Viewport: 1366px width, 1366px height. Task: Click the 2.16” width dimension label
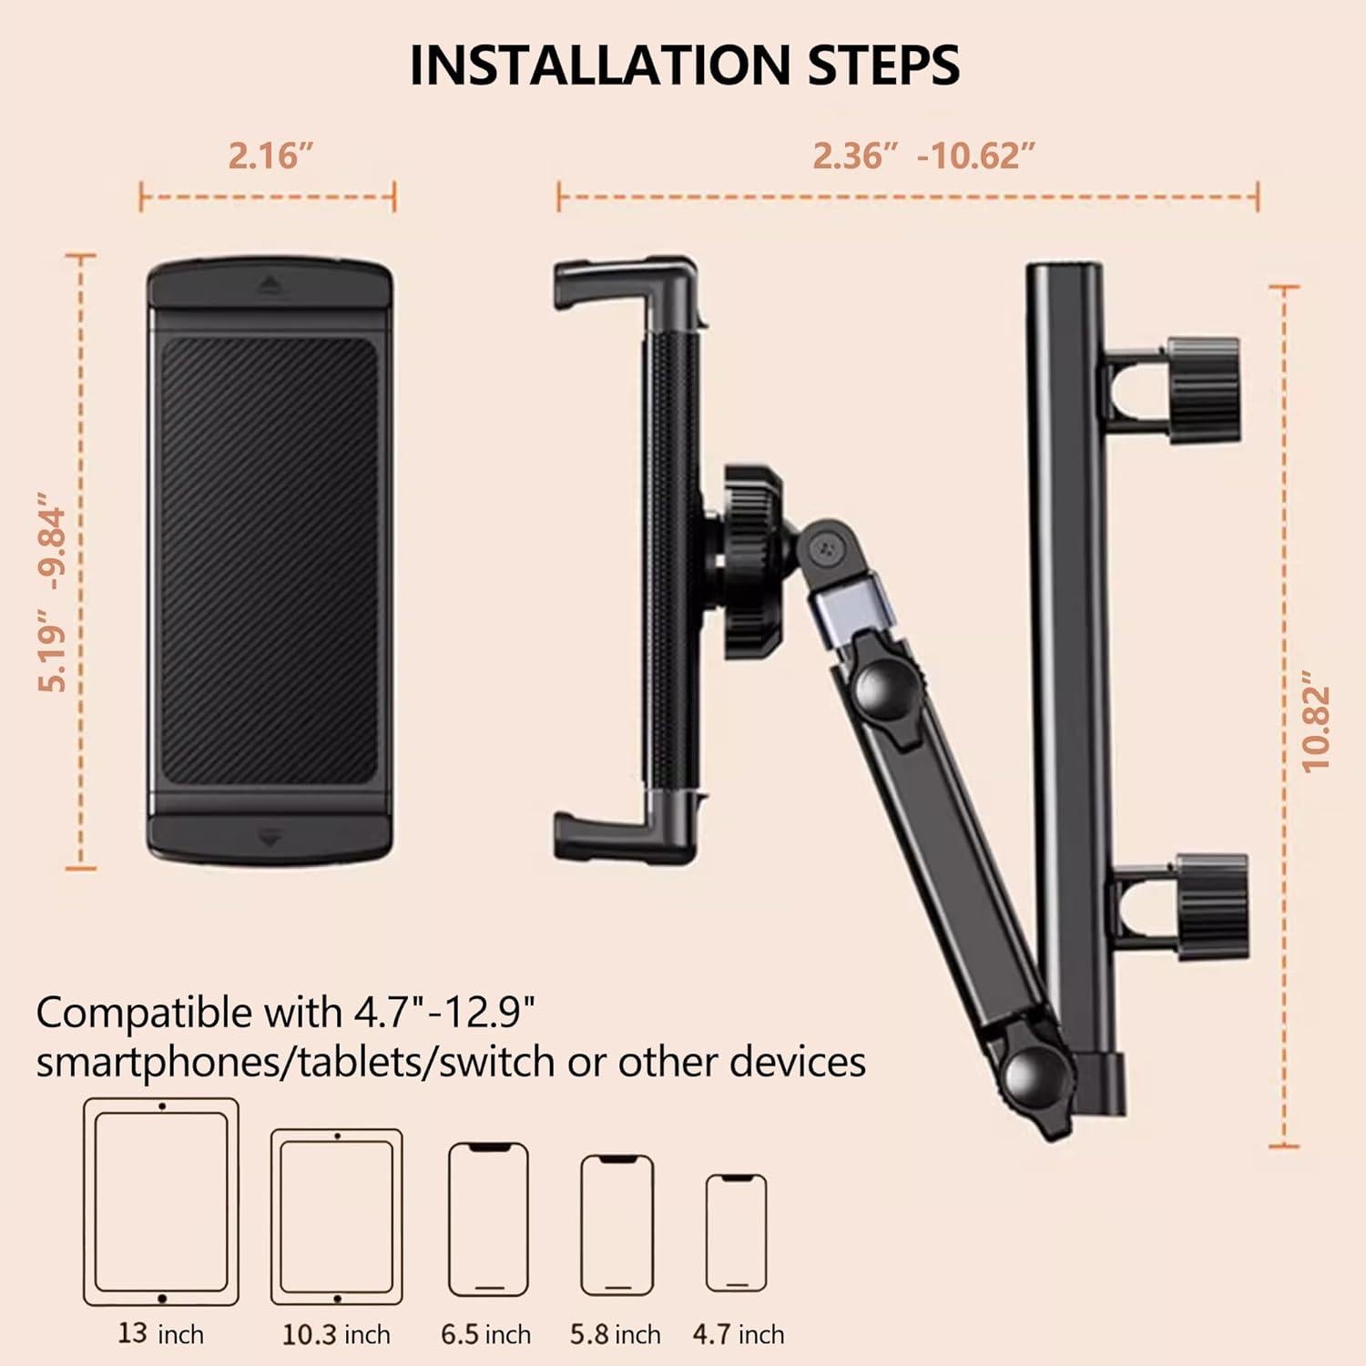click(x=270, y=156)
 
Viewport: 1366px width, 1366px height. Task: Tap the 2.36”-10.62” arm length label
click(x=923, y=156)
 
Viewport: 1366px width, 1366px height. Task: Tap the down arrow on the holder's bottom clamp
click(x=270, y=839)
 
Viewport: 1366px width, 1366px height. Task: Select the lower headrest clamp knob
click(x=1211, y=906)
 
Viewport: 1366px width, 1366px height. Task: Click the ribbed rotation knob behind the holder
click(x=753, y=562)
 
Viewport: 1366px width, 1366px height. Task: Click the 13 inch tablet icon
click(x=161, y=1201)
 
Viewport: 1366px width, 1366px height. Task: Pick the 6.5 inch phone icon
click(x=488, y=1218)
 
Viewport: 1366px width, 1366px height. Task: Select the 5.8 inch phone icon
click(x=617, y=1224)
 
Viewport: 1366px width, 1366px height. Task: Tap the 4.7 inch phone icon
click(x=737, y=1232)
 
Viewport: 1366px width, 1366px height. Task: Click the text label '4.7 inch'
click(x=738, y=1334)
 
